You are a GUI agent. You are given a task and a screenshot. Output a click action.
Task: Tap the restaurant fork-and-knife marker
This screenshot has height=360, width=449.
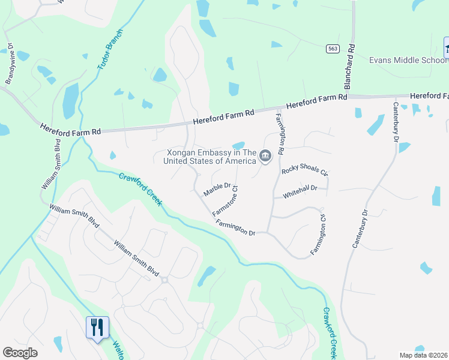coord(97,328)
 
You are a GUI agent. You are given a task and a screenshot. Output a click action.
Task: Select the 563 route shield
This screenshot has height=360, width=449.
coord(332,48)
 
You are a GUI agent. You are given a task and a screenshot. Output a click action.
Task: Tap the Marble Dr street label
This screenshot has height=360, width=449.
coord(217,190)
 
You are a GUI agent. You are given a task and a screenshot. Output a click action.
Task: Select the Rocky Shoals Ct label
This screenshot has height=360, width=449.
coord(305,171)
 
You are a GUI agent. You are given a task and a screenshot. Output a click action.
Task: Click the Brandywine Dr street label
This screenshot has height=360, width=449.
coord(10,64)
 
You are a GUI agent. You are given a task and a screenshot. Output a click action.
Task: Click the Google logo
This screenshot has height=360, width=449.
coord(20,353)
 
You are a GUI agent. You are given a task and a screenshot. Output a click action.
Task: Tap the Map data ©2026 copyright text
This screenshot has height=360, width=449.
coord(424,355)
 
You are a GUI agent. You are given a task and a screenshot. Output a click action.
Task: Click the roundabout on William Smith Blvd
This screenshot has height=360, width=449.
coord(164,280)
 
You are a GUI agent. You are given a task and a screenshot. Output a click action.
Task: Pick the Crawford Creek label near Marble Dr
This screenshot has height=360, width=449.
coord(140,189)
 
